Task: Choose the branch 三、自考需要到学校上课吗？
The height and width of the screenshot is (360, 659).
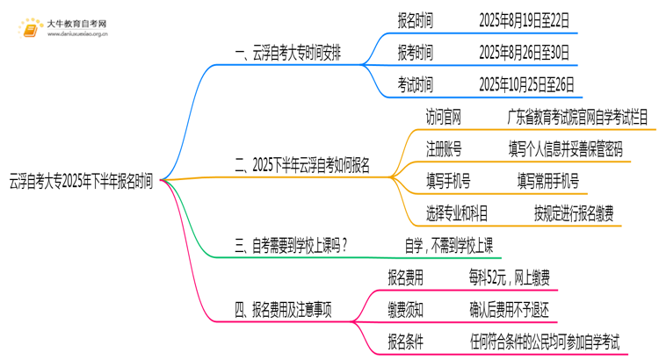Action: [x=291, y=246]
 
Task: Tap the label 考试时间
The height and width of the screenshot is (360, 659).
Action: [x=415, y=85]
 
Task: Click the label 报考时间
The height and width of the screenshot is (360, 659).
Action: [x=415, y=52]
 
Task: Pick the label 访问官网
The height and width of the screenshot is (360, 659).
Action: [x=443, y=117]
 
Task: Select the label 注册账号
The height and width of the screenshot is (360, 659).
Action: [x=443, y=148]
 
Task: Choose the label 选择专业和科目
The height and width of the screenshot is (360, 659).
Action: [x=457, y=213]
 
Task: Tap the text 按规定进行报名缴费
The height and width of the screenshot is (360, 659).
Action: [x=574, y=213]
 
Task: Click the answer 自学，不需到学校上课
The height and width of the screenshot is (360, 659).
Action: [x=448, y=246]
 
